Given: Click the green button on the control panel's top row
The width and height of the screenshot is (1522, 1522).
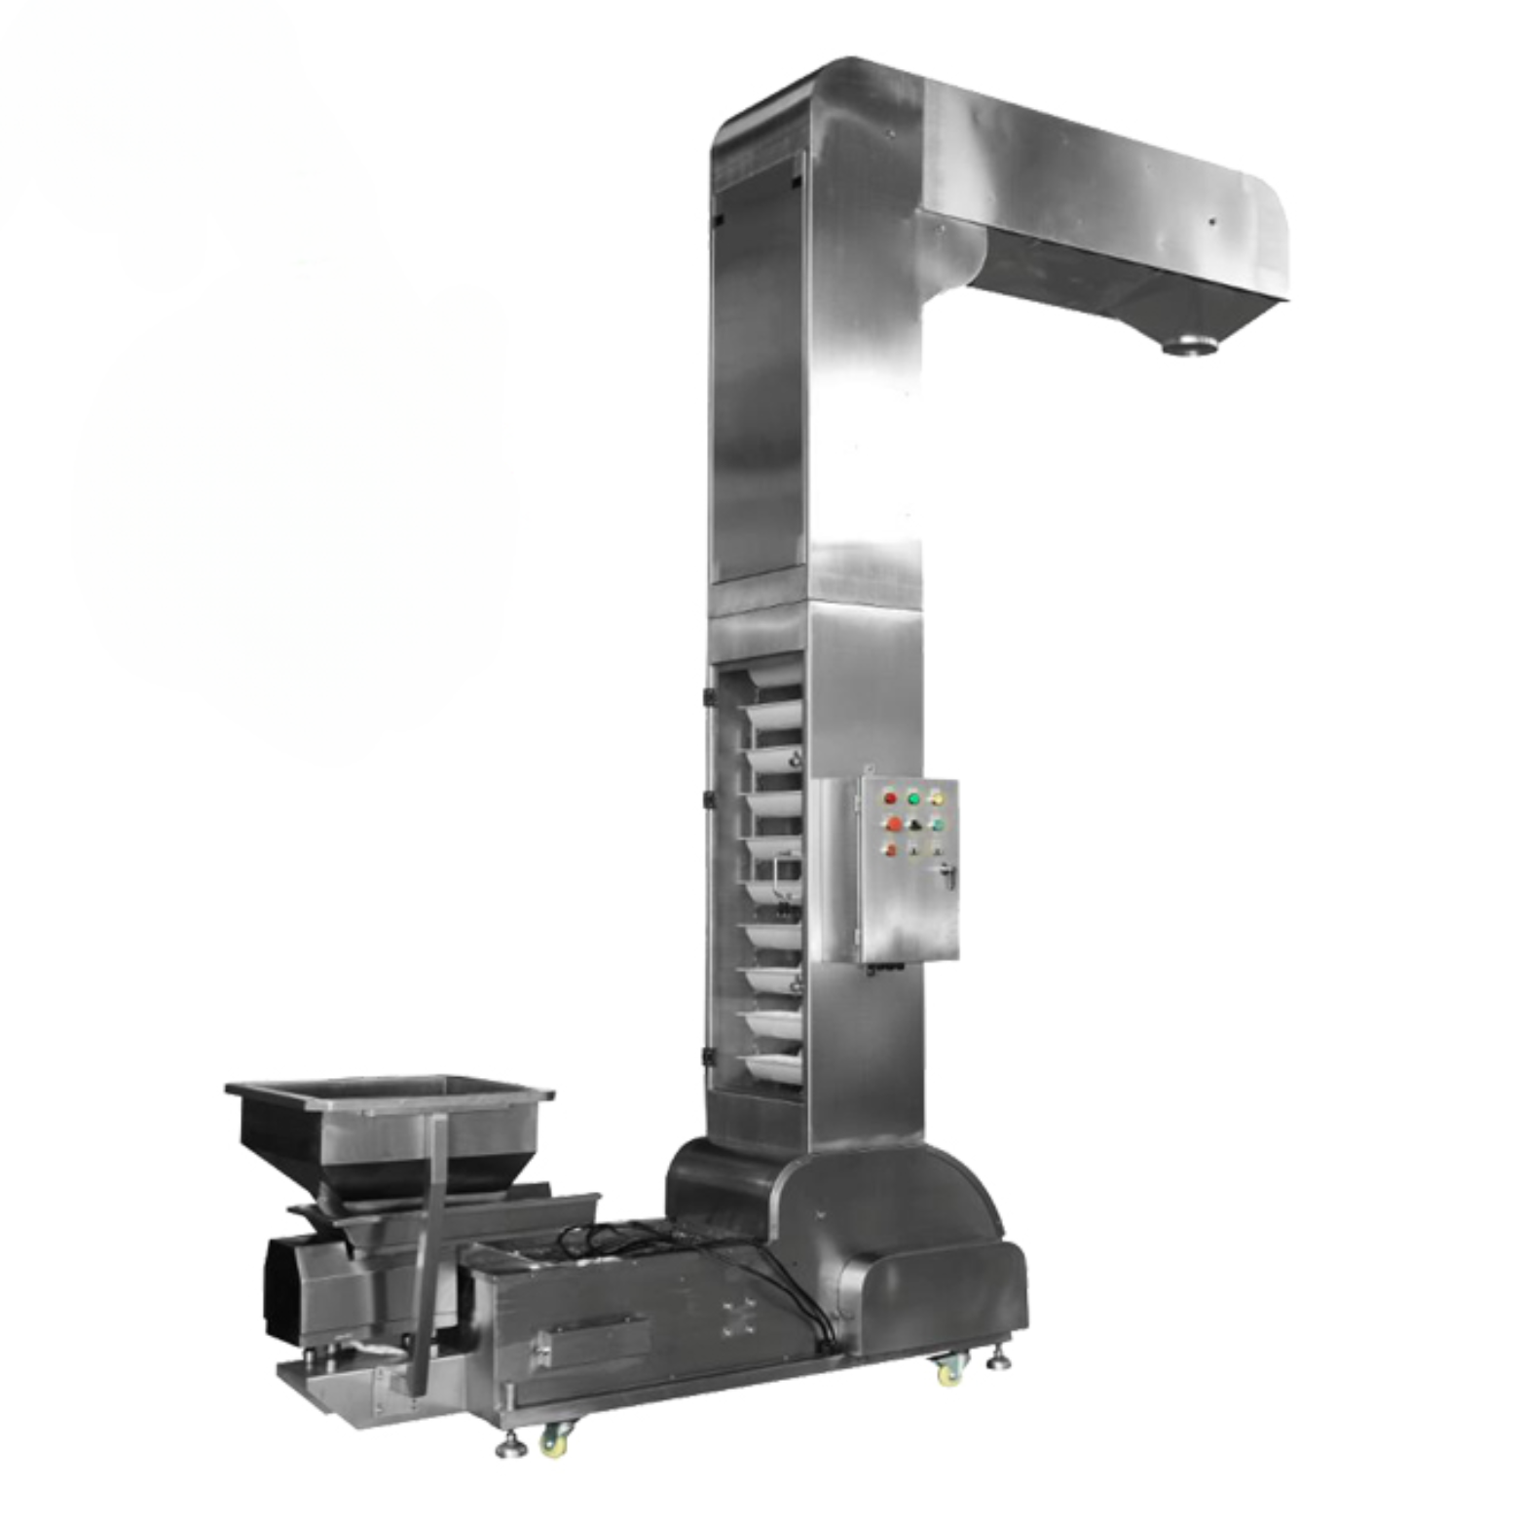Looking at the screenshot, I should [x=913, y=798].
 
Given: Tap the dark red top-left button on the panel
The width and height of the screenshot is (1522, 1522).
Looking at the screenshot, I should [x=889, y=798].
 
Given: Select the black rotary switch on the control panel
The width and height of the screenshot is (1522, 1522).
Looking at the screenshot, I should [x=914, y=825].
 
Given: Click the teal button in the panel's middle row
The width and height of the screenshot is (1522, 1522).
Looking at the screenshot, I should [x=937, y=825].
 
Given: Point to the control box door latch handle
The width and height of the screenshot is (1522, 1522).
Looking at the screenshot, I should [x=947, y=873].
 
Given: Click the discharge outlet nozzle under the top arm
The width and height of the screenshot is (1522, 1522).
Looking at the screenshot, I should [x=1190, y=345].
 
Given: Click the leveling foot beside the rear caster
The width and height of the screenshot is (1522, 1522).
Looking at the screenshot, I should [x=998, y=1356].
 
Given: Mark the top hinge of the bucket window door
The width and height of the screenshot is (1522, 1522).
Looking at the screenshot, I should [x=709, y=697].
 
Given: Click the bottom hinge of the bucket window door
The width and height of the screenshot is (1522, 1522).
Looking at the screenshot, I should [x=709, y=1056].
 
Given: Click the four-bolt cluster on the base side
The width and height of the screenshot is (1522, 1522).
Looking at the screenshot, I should [x=738, y=1317].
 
